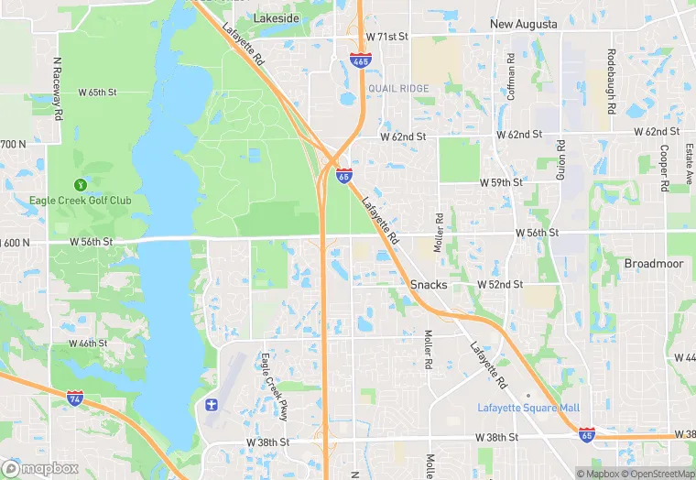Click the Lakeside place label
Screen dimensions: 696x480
276,17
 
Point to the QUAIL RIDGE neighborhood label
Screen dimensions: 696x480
398,88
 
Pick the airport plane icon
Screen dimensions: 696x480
212,405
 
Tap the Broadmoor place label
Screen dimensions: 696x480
654,263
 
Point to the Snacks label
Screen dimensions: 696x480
429,285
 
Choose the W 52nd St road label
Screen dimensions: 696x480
500,285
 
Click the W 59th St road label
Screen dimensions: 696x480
501,182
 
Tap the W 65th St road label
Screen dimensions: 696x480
98,93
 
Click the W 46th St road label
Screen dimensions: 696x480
88,344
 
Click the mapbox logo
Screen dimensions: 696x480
40,468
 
